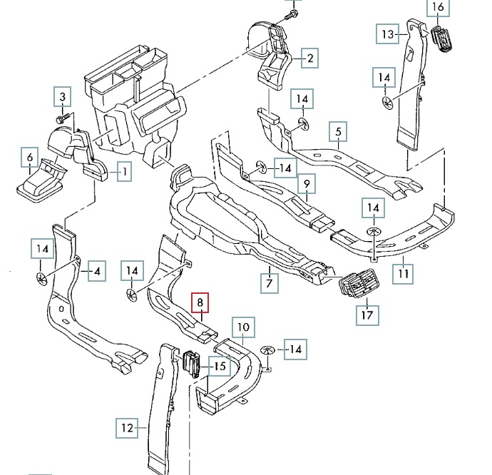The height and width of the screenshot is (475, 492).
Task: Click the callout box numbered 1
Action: pyautogui.click(x=124, y=172)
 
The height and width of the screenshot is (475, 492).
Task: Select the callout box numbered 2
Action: pyautogui.click(x=309, y=58)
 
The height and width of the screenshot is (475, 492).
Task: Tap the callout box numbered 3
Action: pyautogui.click(x=62, y=96)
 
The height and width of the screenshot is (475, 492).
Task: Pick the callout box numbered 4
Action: pyautogui.click(x=96, y=271)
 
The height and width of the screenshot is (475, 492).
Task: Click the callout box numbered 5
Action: pyautogui.click(x=338, y=132)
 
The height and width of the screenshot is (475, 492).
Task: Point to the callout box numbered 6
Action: pyautogui.click(x=29, y=157)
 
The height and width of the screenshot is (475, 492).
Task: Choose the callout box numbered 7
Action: pyautogui.click(x=269, y=283)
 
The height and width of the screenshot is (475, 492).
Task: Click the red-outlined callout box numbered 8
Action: pyautogui.click(x=201, y=304)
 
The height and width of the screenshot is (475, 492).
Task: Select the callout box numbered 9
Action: pyautogui.click(x=306, y=185)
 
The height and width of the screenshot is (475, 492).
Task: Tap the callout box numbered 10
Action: pyautogui.click(x=243, y=329)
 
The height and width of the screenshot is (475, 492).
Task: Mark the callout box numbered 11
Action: pyautogui.click(x=403, y=272)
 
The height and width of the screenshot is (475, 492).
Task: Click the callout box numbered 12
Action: pyautogui.click(x=126, y=428)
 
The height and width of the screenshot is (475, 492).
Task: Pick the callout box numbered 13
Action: pyautogui.click(x=387, y=34)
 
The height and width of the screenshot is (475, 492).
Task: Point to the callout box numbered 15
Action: pyautogui.click(x=219, y=367)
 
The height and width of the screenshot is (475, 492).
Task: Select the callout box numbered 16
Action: pyautogui.click(x=438, y=8)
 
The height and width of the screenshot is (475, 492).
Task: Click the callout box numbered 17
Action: pyautogui.click(x=369, y=314)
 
